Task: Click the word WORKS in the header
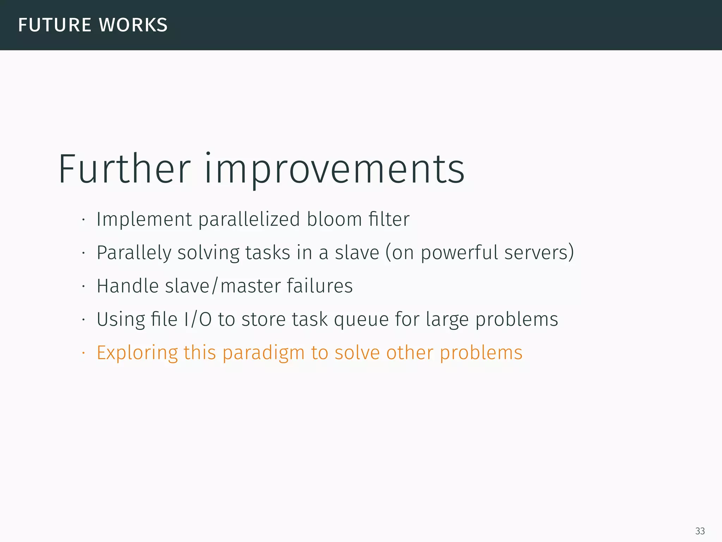(133, 25)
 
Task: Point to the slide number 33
(700, 531)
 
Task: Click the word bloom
(334, 219)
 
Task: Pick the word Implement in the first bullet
(144, 220)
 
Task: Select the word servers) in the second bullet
(539, 253)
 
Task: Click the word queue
(361, 320)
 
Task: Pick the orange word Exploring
(137, 353)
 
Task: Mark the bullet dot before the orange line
(84, 353)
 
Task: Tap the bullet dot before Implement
(84, 219)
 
